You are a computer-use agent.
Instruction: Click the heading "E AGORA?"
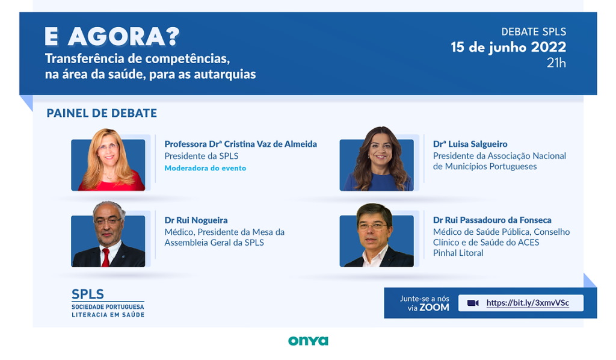pyautogui.click(x=112, y=37)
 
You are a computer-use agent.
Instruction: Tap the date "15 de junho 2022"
pyautogui.click(x=508, y=47)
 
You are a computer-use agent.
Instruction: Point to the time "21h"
pyautogui.click(x=556, y=63)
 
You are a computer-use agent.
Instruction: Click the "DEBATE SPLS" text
pyautogui.click(x=534, y=31)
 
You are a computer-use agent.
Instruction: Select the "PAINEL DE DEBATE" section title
pyautogui.click(x=102, y=113)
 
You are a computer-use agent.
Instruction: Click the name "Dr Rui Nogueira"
pyautogui.click(x=196, y=220)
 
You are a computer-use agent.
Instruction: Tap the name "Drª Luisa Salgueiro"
pyautogui.click(x=470, y=144)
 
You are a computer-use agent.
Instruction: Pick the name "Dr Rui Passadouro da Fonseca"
pyautogui.click(x=492, y=220)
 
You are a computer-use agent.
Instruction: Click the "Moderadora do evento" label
pyautogui.click(x=205, y=168)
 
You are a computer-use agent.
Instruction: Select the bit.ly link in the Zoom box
pyautogui.click(x=528, y=303)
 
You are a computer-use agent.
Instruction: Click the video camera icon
pyautogui.click(x=473, y=303)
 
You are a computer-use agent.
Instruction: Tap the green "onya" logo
pyautogui.click(x=308, y=341)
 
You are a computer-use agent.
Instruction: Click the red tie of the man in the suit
pyautogui.click(x=105, y=258)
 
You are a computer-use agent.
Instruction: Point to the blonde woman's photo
pyautogui.click(x=108, y=160)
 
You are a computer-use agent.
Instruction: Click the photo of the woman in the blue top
pyautogui.click(x=377, y=159)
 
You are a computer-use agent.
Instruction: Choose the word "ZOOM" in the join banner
pyautogui.click(x=434, y=308)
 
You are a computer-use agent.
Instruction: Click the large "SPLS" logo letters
pyautogui.click(x=88, y=294)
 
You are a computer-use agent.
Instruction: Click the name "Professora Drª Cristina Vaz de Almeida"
pyautogui.click(x=241, y=144)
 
